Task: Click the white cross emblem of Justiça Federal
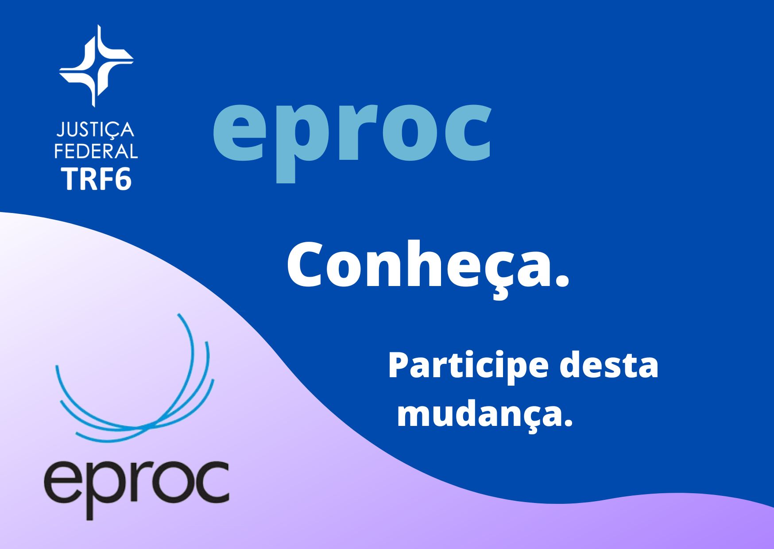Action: tap(96, 66)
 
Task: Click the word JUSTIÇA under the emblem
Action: tap(96, 130)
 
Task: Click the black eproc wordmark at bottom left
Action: tap(136, 488)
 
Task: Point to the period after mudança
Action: tap(567, 422)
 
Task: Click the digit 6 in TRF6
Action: tap(122, 179)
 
